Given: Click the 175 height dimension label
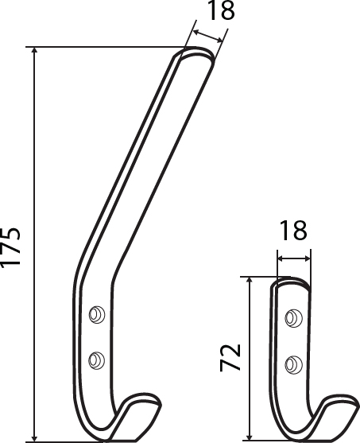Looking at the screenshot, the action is click(x=10, y=247).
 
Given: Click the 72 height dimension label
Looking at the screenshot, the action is click(x=230, y=357).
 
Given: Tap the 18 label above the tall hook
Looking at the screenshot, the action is click(x=221, y=10).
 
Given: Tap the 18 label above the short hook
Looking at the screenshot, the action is click(x=293, y=231).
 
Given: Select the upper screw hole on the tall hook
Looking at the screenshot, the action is click(x=97, y=314).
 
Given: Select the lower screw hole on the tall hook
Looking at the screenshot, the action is click(x=97, y=360).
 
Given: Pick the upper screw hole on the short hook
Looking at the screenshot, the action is click(x=293, y=318).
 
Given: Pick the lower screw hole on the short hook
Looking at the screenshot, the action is click(x=293, y=364).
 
